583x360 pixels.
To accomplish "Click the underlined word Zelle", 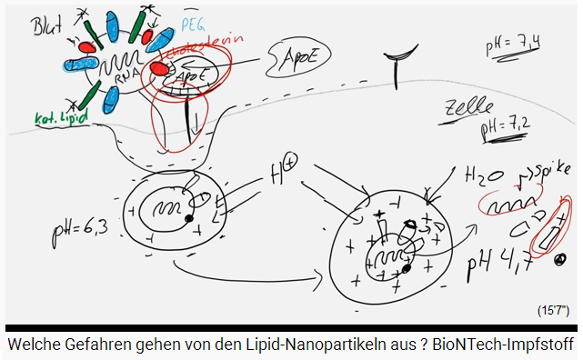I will pos(460,111).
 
